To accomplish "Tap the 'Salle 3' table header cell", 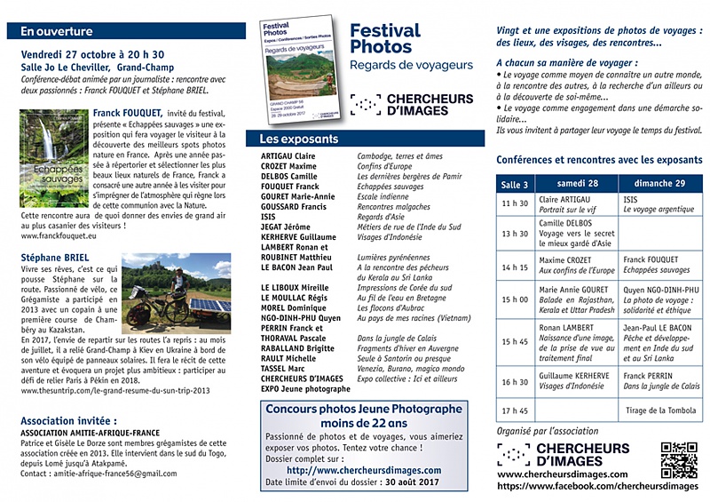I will [x=515, y=184].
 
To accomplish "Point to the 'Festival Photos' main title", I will [x=385, y=39].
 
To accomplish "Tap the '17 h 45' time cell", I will [x=515, y=410].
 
